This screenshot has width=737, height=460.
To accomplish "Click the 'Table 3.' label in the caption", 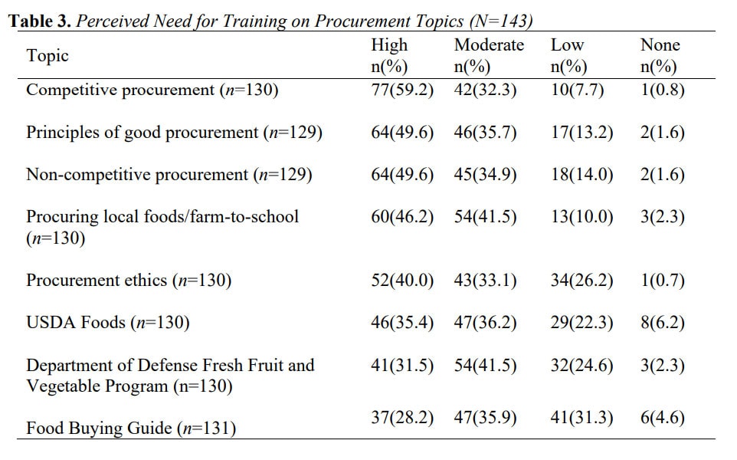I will (x=40, y=21).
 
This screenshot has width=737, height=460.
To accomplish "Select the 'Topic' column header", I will (x=47, y=55).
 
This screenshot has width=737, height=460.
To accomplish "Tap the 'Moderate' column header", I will (x=489, y=45).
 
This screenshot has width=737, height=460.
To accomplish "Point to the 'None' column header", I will (x=660, y=45).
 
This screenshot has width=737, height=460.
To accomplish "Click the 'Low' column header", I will (x=567, y=45).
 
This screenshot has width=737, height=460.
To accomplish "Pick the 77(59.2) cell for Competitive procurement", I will (x=401, y=90).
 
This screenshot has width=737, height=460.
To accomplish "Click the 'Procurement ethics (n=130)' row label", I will (x=129, y=280).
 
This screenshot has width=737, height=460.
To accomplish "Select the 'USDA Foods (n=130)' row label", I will (x=108, y=322).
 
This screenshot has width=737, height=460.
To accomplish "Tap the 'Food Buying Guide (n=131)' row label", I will (x=131, y=428).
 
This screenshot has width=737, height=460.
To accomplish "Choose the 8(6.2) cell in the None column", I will (x=662, y=322).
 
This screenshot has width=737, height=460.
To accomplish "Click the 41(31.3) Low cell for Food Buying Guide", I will (x=581, y=418).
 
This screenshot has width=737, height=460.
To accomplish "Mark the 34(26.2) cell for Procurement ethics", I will (x=581, y=280).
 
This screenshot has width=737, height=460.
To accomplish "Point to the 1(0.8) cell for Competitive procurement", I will (x=662, y=90).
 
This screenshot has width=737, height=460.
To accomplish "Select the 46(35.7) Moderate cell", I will (x=485, y=133).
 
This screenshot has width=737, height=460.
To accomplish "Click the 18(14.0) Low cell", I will (x=581, y=175).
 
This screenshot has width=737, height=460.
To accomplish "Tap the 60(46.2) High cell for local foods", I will (x=401, y=216).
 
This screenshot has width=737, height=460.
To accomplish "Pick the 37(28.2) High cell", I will (x=401, y=418).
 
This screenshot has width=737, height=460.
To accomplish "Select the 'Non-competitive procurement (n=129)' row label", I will (x=169, y=175).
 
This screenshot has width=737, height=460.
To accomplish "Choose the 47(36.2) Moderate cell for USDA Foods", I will (x=485, y=322).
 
